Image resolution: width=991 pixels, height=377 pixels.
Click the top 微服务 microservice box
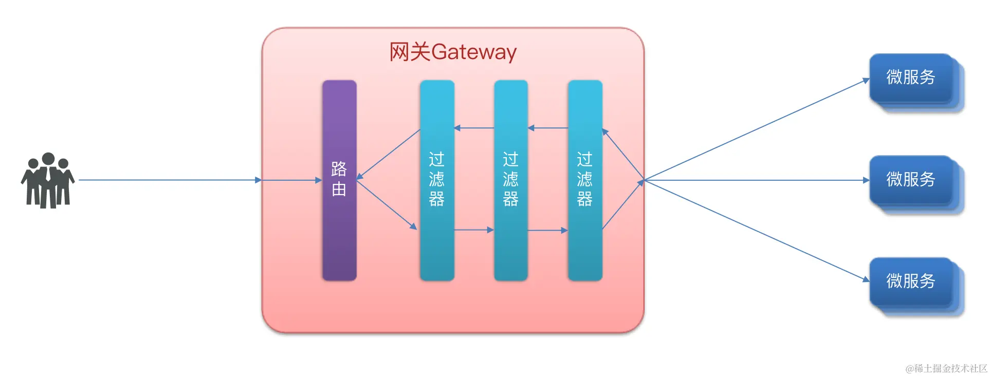tap(911, 78)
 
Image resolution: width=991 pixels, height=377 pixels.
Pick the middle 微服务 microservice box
tap(911, 180)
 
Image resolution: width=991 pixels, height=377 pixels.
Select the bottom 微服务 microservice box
tap(911, 281)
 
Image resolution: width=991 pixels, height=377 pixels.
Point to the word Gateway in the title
tap(474, 52)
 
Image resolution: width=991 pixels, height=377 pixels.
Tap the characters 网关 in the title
tap(410, 52)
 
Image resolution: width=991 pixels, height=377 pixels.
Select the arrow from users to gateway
tap(170, 180)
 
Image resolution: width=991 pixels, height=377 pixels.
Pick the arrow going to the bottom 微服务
tap(756, 230)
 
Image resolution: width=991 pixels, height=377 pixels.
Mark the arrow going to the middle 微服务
tap(756, 180)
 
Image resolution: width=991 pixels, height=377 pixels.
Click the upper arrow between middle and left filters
tap(474, 128)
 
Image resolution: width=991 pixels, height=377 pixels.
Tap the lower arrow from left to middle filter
tap(474, 230)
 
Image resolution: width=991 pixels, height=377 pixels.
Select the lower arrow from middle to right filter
tap(547, 231)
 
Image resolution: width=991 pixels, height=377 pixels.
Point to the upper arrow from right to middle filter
tap(547, 128)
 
